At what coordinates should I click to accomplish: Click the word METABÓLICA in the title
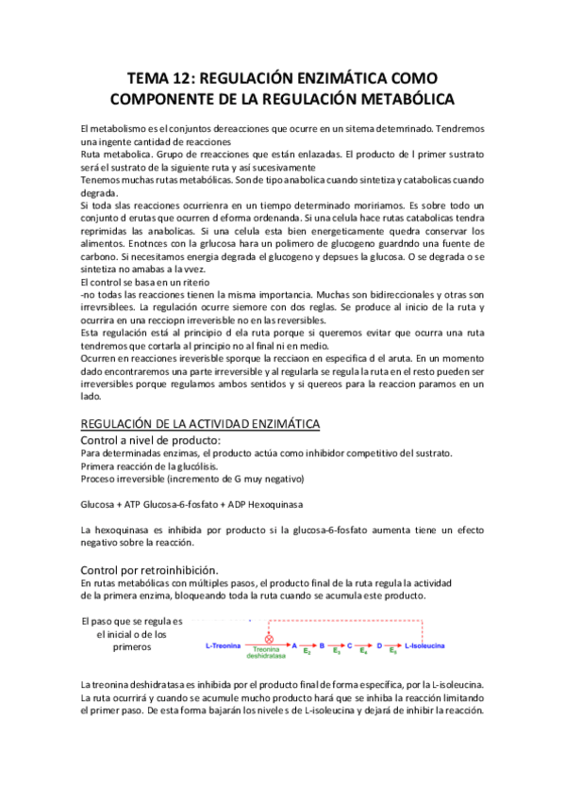pyautogui.click(x=396, y=98)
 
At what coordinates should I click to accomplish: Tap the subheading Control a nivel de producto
pyautogui.click(x=152, y=440)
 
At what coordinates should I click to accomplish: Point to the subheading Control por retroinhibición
pyautogui.click(x=151, y=570)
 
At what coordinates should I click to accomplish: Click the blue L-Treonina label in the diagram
pyautogui.click(x=224, y=646)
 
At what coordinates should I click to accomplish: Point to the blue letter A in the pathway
pyautogui.click(x=294, y=646)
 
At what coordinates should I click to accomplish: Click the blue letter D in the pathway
pyautogui.click(x=380, y=646)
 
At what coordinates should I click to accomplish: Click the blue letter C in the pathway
pyautogui.click(x=351, y=646)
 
